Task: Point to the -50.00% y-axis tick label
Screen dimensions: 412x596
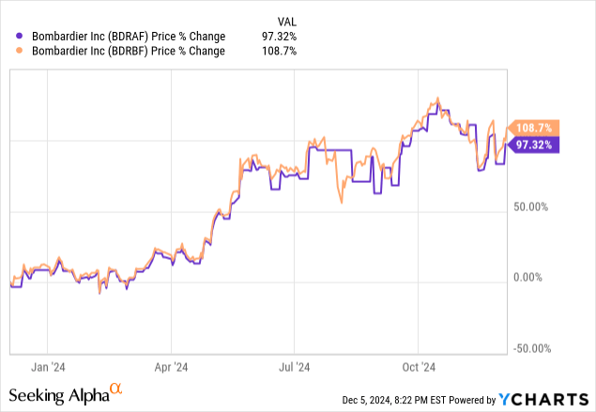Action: tap(531, 348)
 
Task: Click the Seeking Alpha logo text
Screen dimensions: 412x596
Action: tap(58, 394)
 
